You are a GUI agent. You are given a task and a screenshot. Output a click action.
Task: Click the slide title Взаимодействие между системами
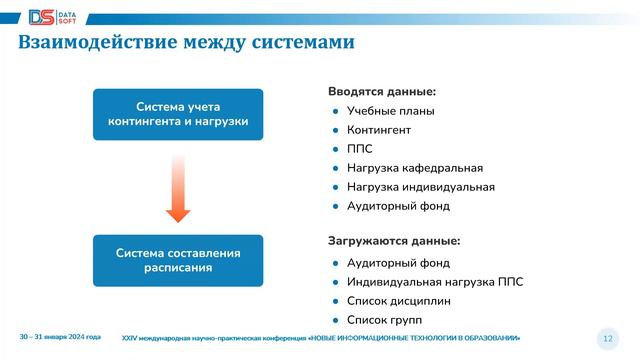pyautogui.click(x=186, y=43)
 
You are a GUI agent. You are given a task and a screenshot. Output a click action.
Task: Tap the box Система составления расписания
pyautogui.click(x=178, y=260)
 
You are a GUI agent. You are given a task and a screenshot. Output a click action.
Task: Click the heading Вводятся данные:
pyautogui.click(x=382, y=92)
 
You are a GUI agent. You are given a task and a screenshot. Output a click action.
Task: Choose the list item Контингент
pyautogui.click(x=378, y=130)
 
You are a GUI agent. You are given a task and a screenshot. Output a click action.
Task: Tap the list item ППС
pyautogui.click(x=359, y=149)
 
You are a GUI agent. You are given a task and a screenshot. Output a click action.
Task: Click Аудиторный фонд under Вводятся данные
pyautogui.click(x=397, y=206)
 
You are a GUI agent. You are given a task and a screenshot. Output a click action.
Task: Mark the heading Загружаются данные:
pyautogui.click(x=394, y=241)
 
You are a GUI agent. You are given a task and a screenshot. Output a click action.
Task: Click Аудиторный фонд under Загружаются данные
pyautogui.click(x=397, y=263)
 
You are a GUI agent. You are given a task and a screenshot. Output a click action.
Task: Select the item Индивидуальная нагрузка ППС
pyautogui.click(x=434, y=282)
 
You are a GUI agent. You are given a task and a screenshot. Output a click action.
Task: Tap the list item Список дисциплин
pyautogui.click(x=398, y=301)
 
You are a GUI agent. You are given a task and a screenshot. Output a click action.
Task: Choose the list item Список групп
pyautogui.click(x=385, y=320)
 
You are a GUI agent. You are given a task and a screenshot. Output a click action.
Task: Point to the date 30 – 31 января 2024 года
pyautogui.click(x=60, y=337)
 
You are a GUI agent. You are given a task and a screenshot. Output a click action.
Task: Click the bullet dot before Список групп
pyautogui.click(x=336, y=320)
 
